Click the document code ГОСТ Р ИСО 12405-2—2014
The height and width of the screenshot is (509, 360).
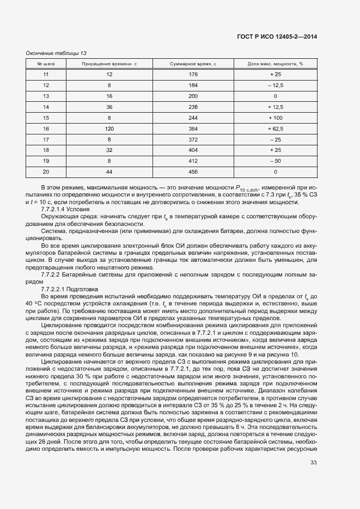[278, 37]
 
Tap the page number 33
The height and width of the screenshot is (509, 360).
[313, 463]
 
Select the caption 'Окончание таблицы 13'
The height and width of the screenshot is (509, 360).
[56, 53]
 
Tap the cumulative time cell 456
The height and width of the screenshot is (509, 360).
[193, 172]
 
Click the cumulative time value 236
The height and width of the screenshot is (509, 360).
[193, 107]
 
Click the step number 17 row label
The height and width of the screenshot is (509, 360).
[46, 140]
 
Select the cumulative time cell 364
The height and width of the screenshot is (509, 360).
[193, 129]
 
